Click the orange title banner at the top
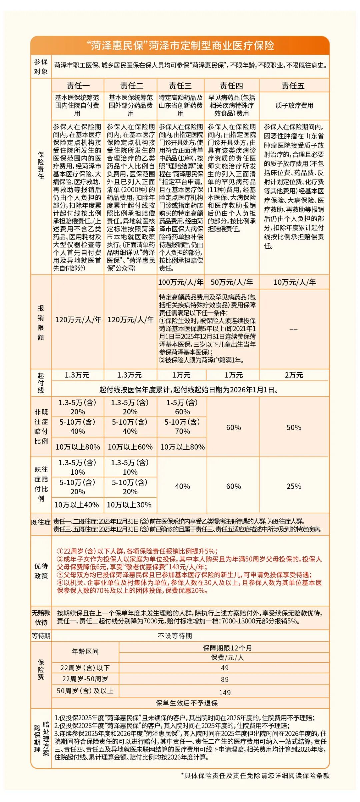pos(180,45)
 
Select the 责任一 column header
pos(78,86)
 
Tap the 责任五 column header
pos(294,86)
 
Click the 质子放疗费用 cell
pos(294,105)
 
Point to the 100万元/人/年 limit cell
pos(181,282)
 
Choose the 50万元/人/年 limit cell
pos(232,282)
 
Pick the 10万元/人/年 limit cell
pos(294,282)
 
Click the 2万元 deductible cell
pos(294,375)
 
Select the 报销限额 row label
pos(41,322)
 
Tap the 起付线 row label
pos(41,383)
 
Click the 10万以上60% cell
pos(130,447)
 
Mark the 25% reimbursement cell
pos(294,486)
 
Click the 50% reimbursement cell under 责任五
pos(294,427)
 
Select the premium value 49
pos(225,668)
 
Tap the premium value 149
pos(225,692)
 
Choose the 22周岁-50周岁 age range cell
pos(85,679)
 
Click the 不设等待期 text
pos(175,636)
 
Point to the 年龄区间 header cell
pos(85,651)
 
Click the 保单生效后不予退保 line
pos(187,703)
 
